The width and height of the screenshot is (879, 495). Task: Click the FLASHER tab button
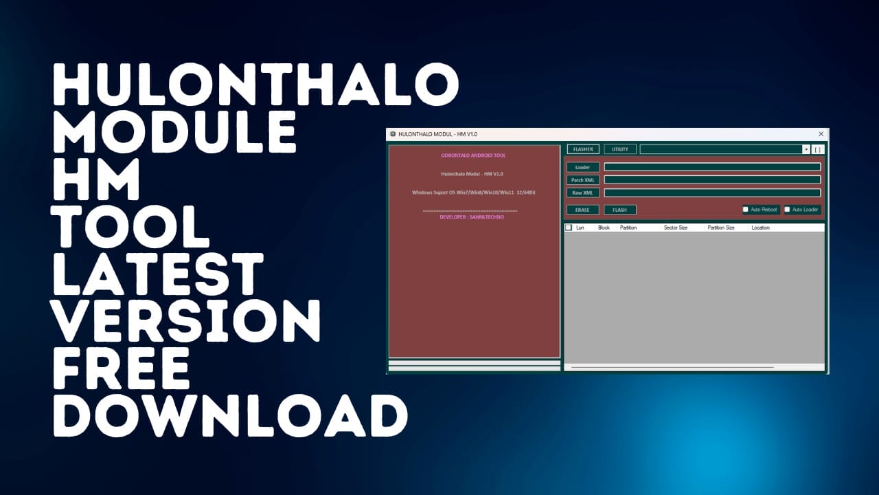(583, 149)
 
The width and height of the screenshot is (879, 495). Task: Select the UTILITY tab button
(619, 149)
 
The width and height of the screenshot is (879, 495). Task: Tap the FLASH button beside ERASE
(619, 210)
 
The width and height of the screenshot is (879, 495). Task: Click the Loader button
(582, 167)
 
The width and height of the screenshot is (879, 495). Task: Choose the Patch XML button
(582, 180)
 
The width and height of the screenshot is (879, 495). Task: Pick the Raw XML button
(582, 193)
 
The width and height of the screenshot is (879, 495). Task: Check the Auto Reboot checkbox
(746, 210)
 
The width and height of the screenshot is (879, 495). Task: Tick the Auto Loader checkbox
(787, 210)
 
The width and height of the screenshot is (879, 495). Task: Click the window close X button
(821, 134)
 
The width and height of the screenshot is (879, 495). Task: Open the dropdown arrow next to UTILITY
(806, 149)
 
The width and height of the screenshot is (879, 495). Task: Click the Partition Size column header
(721, 228)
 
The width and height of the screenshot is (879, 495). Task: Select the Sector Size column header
(675, 228)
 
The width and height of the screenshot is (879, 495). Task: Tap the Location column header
(760, 228)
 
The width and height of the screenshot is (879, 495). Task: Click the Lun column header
(580, 228)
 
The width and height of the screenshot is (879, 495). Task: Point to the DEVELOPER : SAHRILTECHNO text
(472, 217)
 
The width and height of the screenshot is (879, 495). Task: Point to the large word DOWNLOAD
(230, 415)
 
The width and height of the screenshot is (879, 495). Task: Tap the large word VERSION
(186, 322)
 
